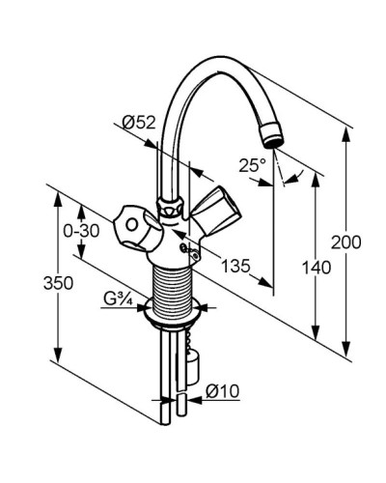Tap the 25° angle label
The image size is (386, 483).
[253, 165]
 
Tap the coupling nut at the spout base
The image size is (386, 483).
[172, 207]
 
